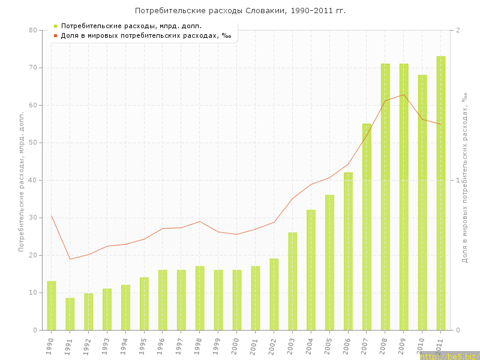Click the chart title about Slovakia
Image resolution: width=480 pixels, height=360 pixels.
[x=240, y=11]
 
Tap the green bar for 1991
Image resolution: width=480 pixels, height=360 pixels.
[x=70, y=314]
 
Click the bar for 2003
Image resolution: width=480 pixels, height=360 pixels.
[x=292, y=281]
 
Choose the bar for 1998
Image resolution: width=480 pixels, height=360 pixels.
[x=200, y=298]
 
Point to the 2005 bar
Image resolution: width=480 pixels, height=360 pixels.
[x=329, y=262]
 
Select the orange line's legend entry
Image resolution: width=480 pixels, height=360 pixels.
[x=142, y=35]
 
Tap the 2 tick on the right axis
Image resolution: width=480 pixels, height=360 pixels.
[x=458, y=30]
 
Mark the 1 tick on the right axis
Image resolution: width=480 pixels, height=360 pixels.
[x=458, y=180]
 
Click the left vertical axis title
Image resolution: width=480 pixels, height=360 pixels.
[x=22, y=180]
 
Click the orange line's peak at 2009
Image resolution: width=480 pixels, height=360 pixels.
[x=404, y=94]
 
